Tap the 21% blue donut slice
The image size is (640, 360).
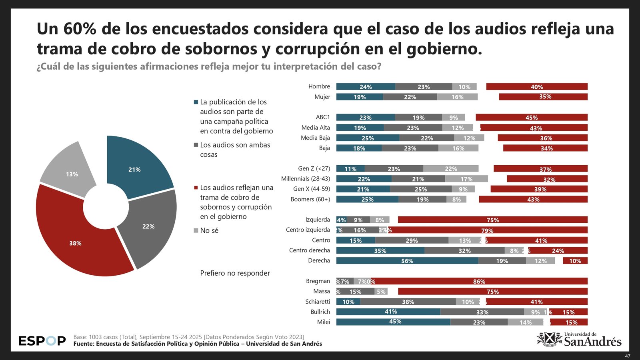tap(136, 168)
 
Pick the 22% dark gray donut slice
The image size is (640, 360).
tap(150, 226)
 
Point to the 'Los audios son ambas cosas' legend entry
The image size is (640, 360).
tap(234, 150)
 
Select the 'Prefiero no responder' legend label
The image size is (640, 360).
tap(235, 273)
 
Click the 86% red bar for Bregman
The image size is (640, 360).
tap(479, 282)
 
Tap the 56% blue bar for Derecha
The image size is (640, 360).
tap(407, 261)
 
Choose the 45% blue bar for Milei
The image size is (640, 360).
tap(393, 322)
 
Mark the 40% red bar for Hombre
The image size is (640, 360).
tap(536, 87)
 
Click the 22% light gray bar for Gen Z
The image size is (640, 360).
tap(451, 169)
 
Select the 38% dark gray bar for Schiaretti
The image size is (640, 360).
tap(408, 302)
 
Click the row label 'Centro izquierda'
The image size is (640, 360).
tap(308, 230)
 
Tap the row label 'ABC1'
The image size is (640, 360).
tap(323, 117)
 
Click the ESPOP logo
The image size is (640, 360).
tap(42, 341)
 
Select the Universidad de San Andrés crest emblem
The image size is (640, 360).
tap(549, 340)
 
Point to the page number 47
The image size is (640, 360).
tap(628, 356)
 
